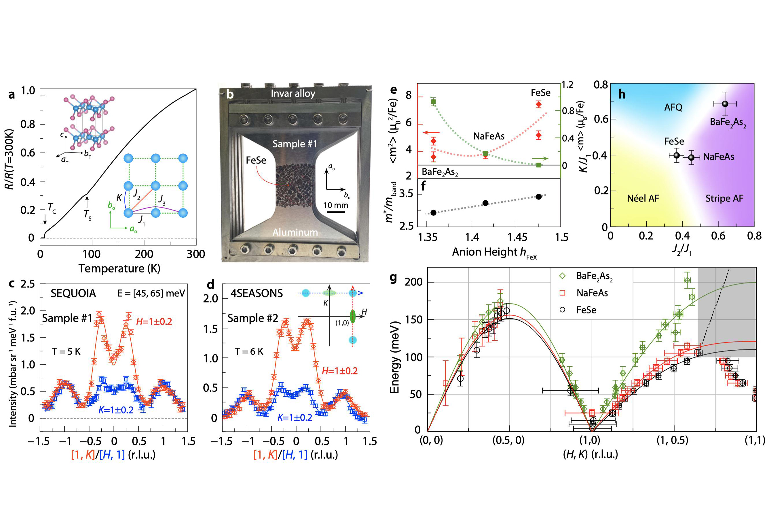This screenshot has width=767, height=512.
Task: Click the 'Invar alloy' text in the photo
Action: [293, 94]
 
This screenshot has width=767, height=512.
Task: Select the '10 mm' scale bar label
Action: [336, 205]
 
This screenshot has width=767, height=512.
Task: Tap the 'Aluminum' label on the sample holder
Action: [295, 232]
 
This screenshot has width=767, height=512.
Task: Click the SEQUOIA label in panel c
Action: [73, 293]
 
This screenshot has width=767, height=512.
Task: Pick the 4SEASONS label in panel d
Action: [257, 293]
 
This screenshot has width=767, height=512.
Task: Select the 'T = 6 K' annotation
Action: [249, 352]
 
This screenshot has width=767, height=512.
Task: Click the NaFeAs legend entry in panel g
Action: [592, 293]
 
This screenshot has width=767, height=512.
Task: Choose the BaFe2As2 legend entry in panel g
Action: [594, 276]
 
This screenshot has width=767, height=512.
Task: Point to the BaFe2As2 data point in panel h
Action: [725, 104]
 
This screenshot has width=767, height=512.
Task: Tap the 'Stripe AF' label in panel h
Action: [724, 199]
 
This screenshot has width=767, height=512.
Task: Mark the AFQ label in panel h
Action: [673, 108]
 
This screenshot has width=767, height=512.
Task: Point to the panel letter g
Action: [393, 278]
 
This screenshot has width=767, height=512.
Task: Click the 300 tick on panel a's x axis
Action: [196, 254]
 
